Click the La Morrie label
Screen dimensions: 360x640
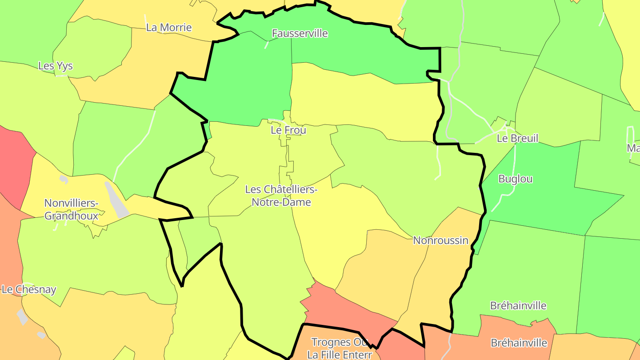tap(169, 28)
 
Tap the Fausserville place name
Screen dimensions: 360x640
tap(300, 33)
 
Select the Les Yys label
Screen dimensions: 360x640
tap(56, 66)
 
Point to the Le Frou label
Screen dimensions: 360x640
tap(288, 130)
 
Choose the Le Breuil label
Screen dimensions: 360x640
tap(517, 138)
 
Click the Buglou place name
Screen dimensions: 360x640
tap(516, 179)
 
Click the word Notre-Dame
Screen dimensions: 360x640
tap(281, 202)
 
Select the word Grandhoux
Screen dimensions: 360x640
tap(71, 216)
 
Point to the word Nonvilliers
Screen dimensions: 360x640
tap(71, 204)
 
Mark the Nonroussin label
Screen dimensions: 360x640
tap(440, 240)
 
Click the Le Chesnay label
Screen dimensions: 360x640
tap(29, 290)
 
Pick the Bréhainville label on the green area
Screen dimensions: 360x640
tap(518, 306)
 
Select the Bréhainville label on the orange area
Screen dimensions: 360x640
tap(519, 343)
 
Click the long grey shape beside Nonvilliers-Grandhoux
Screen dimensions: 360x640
tap(117, 200)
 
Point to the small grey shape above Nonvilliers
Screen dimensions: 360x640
tap(64, 180)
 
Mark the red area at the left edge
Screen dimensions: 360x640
tap(13, 164)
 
